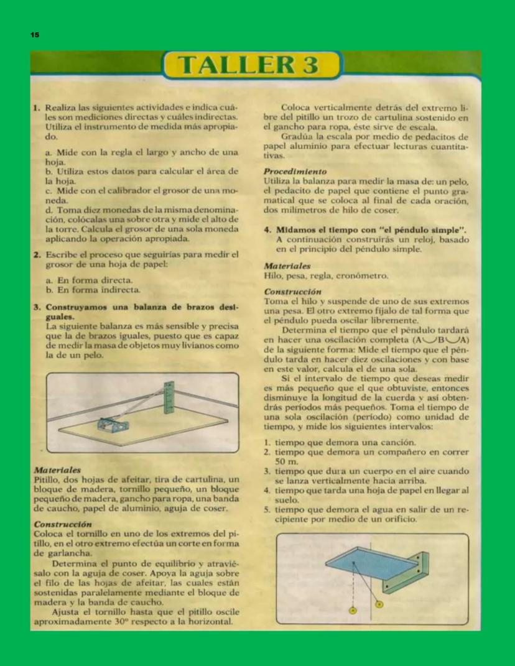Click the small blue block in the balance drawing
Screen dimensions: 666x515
coord(113,425)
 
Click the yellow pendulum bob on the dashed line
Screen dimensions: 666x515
coord(353,611)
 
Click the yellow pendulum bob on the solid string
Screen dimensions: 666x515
coord(379,603)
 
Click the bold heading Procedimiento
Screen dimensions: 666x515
coord(295,171)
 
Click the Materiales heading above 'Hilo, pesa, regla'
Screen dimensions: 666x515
coord(287,266)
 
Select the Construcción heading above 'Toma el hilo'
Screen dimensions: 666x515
coord(292,291)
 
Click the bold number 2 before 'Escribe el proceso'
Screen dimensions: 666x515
coord(37,254)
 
